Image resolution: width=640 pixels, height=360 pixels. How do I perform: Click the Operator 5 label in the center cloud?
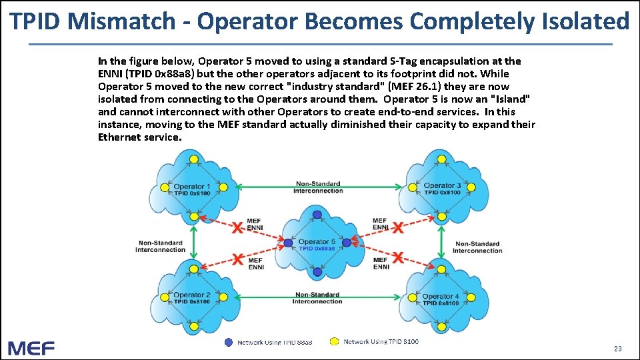(x=317, y=242)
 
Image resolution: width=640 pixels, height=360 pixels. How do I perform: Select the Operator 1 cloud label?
(x=192, y=186)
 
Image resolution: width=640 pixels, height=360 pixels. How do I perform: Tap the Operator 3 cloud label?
(x=443, y=185)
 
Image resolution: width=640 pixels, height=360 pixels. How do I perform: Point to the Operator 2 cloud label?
(x=192, y=295)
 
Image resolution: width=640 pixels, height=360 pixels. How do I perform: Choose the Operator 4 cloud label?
(x=441, y=296)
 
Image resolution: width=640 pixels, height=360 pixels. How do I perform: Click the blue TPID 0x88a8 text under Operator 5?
(x=317, y=249)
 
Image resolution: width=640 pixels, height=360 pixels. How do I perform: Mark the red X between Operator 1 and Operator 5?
(x=237, y=228)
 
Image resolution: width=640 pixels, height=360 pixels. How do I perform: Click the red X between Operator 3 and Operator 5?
(x=398, y=228)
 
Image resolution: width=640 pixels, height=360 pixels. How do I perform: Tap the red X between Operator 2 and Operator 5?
(x=237, y=259)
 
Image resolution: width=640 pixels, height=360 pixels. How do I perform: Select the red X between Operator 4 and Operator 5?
(x=398, y=257)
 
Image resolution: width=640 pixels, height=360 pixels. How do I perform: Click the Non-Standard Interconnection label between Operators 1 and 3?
(x=318, y=187)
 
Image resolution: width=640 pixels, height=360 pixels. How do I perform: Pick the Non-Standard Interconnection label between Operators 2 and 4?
(x=317, y=298)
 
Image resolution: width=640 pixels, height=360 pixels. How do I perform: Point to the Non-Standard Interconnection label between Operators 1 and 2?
(x=160, y=247)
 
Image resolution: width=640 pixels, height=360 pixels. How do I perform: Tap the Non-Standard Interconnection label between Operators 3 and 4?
(x=477, y=247)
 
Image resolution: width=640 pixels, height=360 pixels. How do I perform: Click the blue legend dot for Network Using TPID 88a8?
(x=229, y=342)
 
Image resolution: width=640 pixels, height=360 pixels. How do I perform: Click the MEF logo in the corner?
(x=31, y=348)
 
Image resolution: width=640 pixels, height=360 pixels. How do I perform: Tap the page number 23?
(x=617, y=349)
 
